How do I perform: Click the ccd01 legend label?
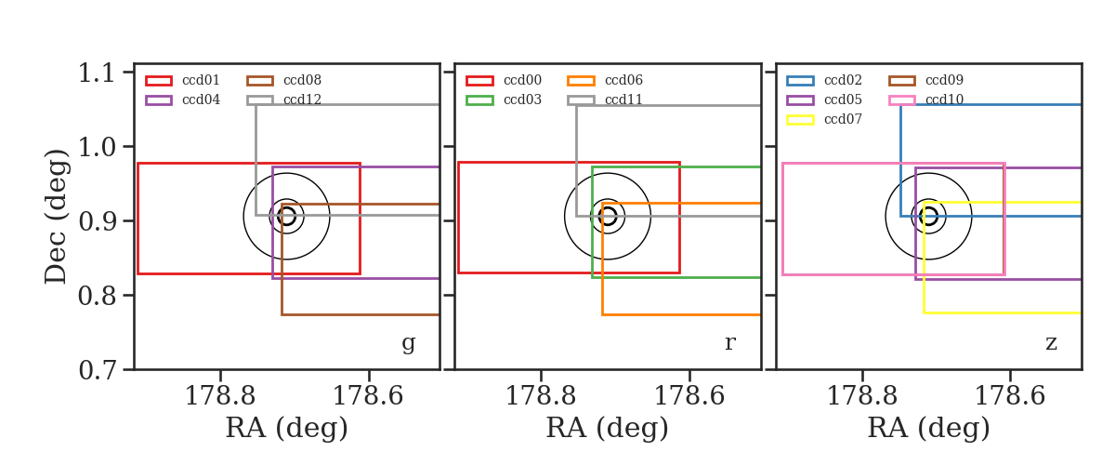pyautogui.click(x=201, y=80)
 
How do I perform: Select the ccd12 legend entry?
pyautogui.click(x=284, y=100)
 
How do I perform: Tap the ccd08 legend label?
pyautogui.click(x=302, y=80)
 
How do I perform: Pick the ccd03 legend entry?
pyautogui.click(x=504, y=100)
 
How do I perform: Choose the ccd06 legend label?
pyautogui.click(x=623, y=80)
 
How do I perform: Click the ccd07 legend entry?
pyautogui.click(x=824, y=120)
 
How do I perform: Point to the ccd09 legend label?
pyautogui.click(x=944, y=80)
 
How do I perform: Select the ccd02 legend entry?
pyautogui.click(x=824, y=80)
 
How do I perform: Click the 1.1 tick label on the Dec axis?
pyautogui.click(x=97, y=73)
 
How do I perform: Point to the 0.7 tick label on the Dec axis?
pyautogui.click(x=97, y=370)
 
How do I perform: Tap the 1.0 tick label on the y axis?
pyautogui.click(x=97, y=148)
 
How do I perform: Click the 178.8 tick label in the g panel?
pyautogui.click(x=220, y=396)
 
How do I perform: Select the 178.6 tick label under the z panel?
pyautogui.click(x=1010, y=396)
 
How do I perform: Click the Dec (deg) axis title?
pyautogui.click(x=55, y=217)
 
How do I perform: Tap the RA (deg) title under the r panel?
pyautogui.click(x=608, y=428)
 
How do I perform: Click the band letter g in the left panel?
pyautogui.click(x=408, y=343)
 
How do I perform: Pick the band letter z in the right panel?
pyautogui.click(x=1051, y=343)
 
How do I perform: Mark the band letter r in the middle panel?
pyautogui.click(x=729, y=343)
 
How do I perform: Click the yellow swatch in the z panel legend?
pyautogui.click(x=800, y=120)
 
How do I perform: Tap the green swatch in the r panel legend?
pyautogui.click(x=479, y=100)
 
